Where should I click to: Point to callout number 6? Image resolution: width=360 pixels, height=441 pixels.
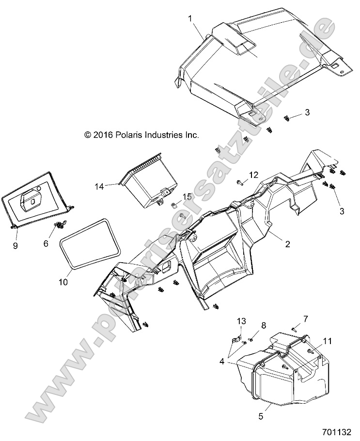pos(47,244)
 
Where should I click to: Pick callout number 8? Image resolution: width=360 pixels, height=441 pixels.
pos(264,325)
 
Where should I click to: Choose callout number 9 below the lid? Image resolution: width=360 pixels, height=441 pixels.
pos(16,246)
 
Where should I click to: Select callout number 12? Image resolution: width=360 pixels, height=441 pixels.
pos(254,174)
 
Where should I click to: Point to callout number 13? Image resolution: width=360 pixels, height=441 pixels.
pos(241,321)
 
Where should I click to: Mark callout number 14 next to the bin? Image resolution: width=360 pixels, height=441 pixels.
pos(99,186)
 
